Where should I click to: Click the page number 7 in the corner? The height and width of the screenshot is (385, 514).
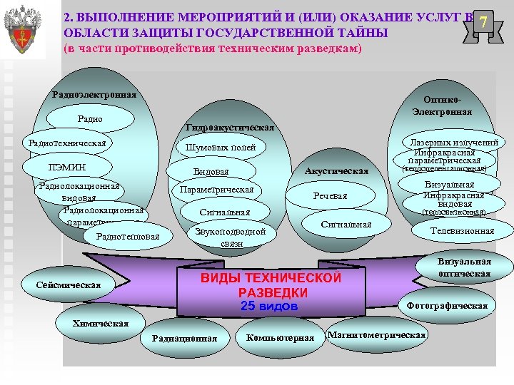483,23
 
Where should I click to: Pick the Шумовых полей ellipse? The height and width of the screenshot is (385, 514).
220,148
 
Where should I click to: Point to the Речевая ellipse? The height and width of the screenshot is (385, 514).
330,196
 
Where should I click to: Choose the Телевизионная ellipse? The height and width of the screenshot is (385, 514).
461,230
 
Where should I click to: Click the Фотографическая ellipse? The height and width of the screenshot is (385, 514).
446,306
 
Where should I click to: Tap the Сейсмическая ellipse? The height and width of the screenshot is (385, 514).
69,285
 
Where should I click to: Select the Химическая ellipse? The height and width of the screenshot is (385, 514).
101,323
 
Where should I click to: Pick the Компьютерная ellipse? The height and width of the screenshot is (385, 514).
280,337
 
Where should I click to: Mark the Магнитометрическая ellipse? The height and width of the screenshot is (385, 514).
376,335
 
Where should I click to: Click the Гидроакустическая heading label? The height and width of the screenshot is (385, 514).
229,127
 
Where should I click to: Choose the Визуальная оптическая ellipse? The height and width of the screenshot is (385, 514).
463,267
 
